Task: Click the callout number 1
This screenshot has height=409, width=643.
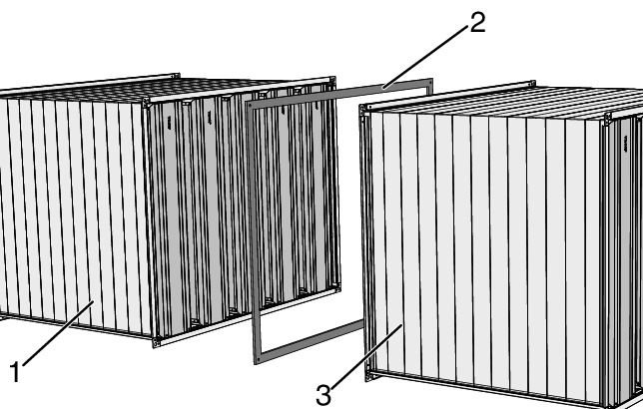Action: [x=15, y=372]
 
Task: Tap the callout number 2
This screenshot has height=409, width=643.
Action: [x=477, y=23]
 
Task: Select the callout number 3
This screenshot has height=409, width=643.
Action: [x=323, y=395]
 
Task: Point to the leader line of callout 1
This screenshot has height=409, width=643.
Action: [x=58, y=333]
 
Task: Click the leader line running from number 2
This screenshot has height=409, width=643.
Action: [x=425, y=57]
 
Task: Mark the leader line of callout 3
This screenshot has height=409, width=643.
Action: [x=366, y=356]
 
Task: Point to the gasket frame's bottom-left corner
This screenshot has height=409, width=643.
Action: [x=256, y=362]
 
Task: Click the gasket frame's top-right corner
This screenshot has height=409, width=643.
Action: [x=431, y=80]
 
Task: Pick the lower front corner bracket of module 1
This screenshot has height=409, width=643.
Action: [x=156, y=342]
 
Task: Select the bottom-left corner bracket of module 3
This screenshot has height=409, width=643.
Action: [x=370, y=375]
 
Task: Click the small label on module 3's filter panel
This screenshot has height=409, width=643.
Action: [x=625, y=144]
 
